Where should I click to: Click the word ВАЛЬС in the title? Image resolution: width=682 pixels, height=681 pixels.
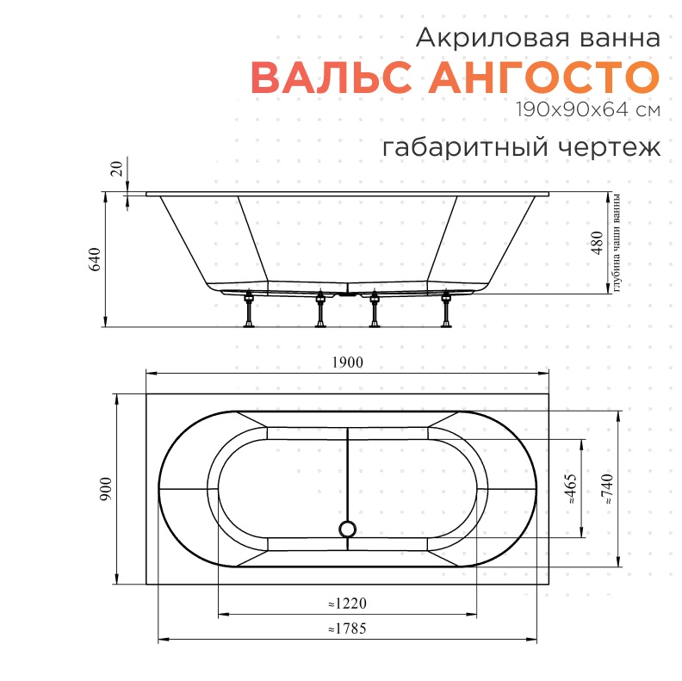coord(331,77)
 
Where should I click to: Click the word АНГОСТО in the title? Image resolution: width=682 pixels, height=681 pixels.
coord(544,77)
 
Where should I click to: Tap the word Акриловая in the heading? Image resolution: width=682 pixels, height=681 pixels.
coord(493,38)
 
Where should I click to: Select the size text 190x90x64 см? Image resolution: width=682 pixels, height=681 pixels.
coord(588,109)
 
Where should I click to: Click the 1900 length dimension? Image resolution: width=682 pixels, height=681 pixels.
coord(347,362)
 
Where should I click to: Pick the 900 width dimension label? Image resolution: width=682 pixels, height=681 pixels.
coord(106,489)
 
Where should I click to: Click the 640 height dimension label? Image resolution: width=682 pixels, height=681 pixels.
coord(95,259)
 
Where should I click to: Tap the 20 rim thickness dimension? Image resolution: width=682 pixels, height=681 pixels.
coord(116,168)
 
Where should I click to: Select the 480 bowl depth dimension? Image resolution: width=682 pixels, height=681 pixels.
coord(598,243)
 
